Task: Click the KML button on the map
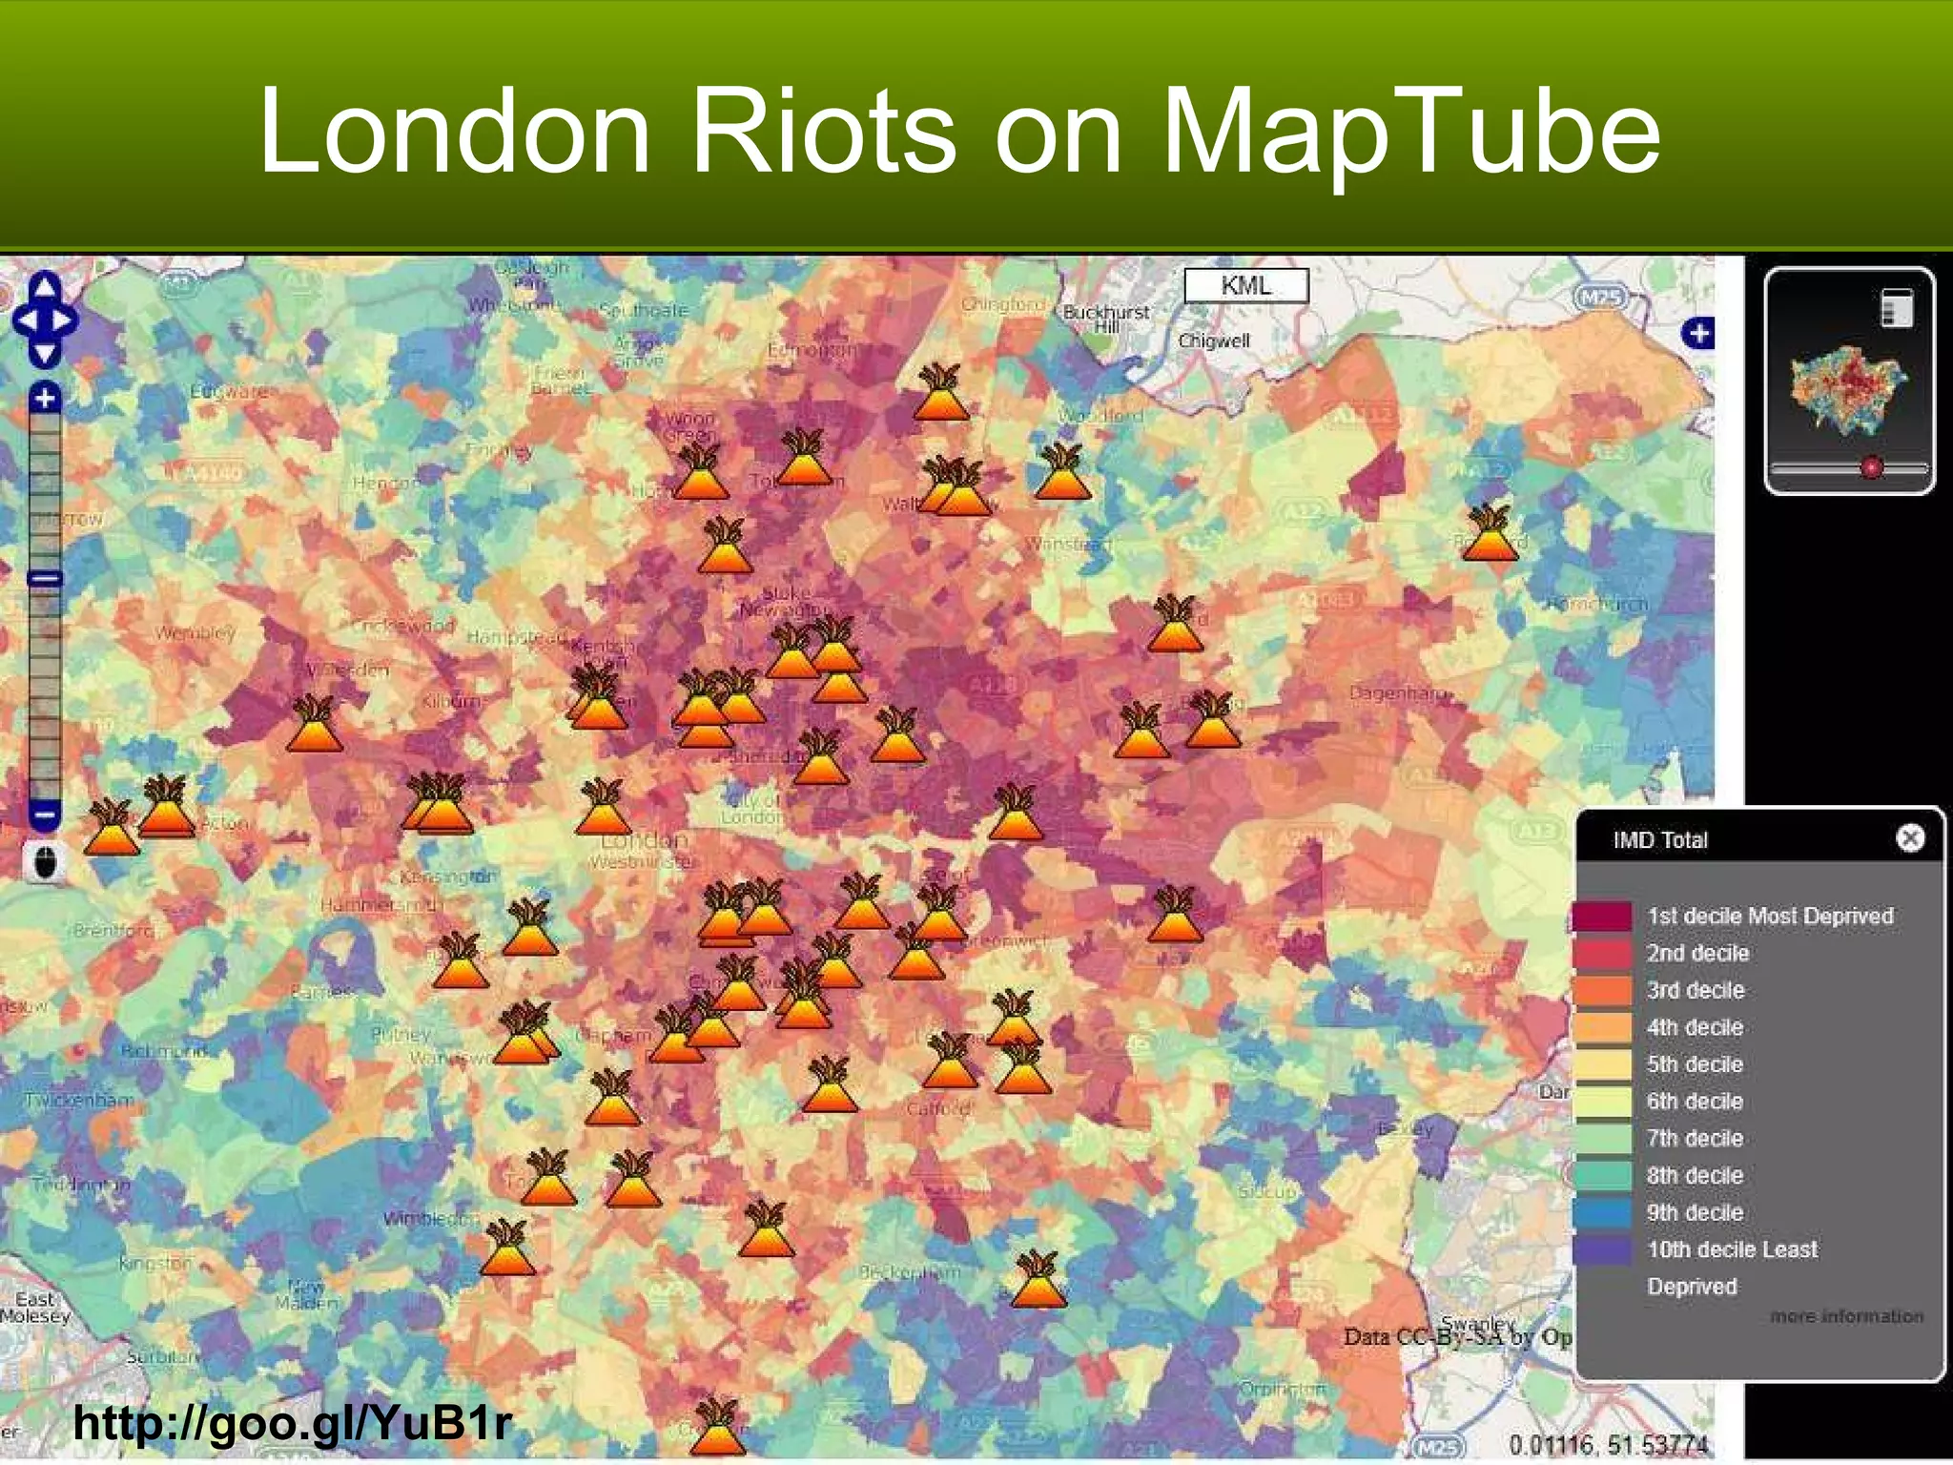[x=1245, y=285]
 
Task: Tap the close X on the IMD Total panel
[x=1909, y=838]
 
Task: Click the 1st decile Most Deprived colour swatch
[x=1602, y=916]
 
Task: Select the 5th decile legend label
[x=1695, y=1064]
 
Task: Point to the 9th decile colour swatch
[x=1602, y=1212]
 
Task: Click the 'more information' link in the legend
[x=1846, y=1316]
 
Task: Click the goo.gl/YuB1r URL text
[x=293, y=1423]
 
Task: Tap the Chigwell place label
[x=1213, y=340]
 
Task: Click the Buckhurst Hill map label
[x=1106, y=319]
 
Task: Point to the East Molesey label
[x=35, y=1307]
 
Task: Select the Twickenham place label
[x=80, y=1100]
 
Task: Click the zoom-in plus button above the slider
[x=45, y=398]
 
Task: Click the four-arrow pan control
[x=45, y=320]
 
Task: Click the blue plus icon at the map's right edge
[x=1697, y=334]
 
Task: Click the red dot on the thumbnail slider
[x=1872, y=467]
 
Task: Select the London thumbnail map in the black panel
[x=1848, y=386]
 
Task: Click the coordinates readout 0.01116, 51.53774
[x=1608, y=1444]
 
